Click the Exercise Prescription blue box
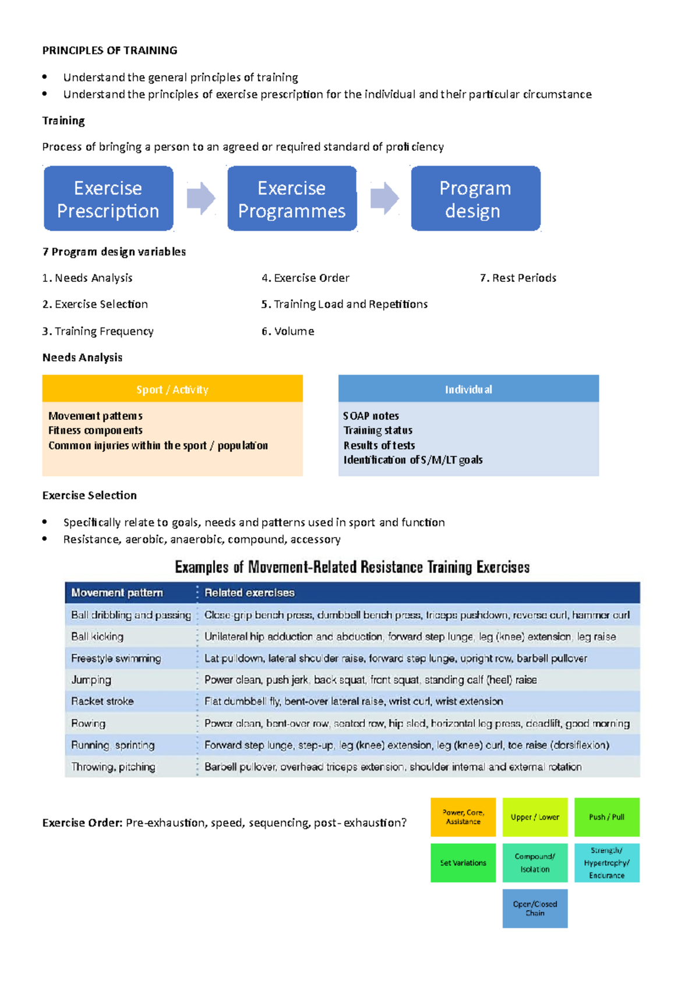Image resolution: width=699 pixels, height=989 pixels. [x=108, y=199]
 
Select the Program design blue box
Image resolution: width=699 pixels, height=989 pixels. [x=475, y=199]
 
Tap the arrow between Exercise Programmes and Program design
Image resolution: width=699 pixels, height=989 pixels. [x=384, y=198]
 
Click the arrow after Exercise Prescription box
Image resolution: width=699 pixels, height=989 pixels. [x=201, y=198]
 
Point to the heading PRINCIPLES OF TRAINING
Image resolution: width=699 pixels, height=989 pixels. [x=110, y=50]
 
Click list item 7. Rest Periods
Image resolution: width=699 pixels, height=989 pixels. [x=518, y=278]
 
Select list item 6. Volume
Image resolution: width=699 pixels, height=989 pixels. [x=288, y=331]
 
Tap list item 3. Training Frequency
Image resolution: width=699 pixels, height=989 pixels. [x=98, y=331]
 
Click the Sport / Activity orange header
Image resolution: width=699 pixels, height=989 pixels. [x=172, y=389]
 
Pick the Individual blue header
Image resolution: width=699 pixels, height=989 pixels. [x=468, y=389]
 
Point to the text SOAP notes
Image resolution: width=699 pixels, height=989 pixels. [x=371, y=416]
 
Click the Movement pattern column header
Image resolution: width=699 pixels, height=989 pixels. [x=117, y=592]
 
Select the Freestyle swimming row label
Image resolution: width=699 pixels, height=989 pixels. [x=116, y=658]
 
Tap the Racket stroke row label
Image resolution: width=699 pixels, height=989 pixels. [x=103, y=701]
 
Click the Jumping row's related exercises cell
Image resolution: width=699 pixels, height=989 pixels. [x=370, y=680]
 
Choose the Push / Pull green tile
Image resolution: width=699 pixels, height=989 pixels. [x=606, y=817]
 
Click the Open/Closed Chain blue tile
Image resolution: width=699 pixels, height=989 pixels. [x=535, y=908]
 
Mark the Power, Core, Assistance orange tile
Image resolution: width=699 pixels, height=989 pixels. [x=463, y=817]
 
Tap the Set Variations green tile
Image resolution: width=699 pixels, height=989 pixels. [x=463, y=863]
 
